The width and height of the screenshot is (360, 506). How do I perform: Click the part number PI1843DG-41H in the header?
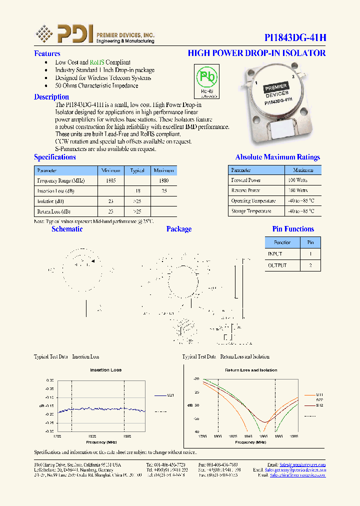[295, 38]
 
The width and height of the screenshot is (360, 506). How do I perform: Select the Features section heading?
[47, 53]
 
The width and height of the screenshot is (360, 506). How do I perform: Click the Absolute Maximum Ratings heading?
[277, 157]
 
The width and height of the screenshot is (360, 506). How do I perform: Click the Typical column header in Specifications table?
[137, 170]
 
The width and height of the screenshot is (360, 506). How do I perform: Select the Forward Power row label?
[246, 180]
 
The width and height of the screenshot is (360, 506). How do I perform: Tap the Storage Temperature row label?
[251, 211]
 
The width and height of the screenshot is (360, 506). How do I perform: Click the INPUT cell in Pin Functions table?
[275, 254]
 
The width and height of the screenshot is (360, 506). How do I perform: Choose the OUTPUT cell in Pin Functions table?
[277, 265]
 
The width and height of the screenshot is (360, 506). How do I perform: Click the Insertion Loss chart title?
[105, 370]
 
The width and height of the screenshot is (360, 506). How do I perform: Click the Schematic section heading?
[67, 229]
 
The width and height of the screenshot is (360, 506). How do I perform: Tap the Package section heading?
[179, 229]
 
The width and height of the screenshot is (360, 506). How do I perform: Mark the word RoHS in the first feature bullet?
[97, 62]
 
